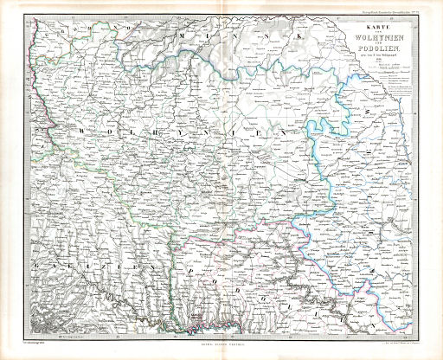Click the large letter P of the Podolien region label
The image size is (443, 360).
click(x=183, y=270)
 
